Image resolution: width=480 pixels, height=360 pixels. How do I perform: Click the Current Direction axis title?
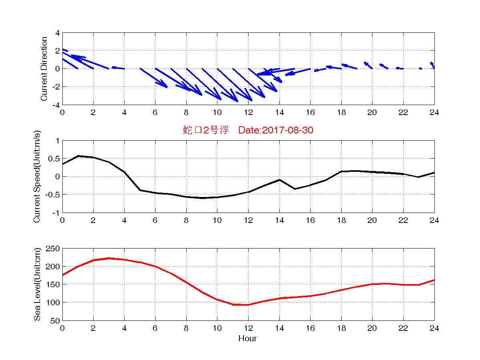tap(44, 69)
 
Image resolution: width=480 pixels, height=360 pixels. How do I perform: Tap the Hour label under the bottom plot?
tap(247, 339)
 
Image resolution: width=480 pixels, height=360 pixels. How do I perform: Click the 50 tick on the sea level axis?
tap(55, 320)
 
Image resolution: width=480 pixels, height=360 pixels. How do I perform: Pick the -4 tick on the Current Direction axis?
tap(55, 105)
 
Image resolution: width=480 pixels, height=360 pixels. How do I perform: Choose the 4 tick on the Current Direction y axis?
tap(58, 33)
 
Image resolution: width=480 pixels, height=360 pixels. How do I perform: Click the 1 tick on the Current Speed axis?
tap(58, 141)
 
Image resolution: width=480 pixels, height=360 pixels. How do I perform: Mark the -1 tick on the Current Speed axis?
tap(56, 213)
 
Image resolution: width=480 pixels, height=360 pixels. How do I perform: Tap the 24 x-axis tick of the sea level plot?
tap(434, 328)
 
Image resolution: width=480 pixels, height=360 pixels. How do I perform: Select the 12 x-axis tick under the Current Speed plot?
tap(248, 220)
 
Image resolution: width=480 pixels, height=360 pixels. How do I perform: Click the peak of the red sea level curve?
tap(109, 258)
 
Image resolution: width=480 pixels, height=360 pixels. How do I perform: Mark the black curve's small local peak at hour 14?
tap(279, 180)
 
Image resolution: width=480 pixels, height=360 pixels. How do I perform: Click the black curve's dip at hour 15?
tap(295, 189)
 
